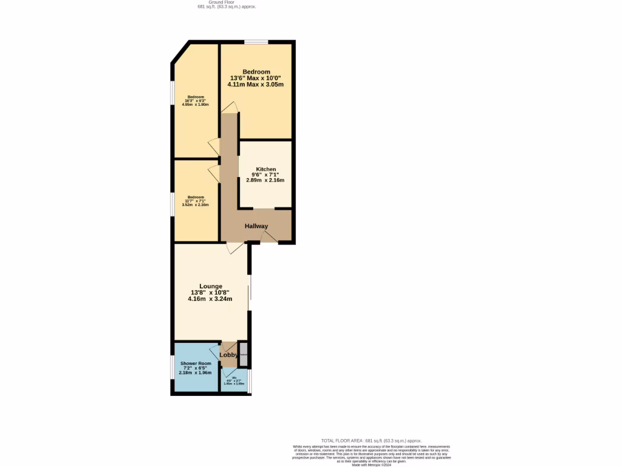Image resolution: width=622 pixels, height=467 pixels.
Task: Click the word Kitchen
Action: click(x=266, y=169)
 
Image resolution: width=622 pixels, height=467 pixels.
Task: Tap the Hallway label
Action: click(x=256, y=226)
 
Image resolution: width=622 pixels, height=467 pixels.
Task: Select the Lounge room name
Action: click(x=211, y=286)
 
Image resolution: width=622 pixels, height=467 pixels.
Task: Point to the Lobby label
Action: click(x=228, y=355)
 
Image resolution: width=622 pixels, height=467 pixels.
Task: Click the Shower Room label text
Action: click(x=196, y=363)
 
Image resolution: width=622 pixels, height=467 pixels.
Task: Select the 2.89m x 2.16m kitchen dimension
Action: click(x=265, y=180)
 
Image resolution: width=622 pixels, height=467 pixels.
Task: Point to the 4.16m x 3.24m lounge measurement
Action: click(x=210, y=299)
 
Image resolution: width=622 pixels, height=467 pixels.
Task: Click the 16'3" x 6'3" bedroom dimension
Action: click(x=196, y=101)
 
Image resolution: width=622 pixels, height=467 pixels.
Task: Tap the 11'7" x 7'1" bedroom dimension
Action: click(x=196, y=201)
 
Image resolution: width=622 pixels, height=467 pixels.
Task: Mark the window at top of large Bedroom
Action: click(x=256, y=42)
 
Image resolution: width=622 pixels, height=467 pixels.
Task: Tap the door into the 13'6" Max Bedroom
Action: click(x=230, y=108)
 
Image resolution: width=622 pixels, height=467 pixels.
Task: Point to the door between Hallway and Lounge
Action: click(x=236, y=247)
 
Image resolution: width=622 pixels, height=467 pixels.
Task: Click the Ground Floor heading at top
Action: click(x=226, y=2)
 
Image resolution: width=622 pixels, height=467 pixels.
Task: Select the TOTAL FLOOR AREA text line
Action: click(x=371, y=440)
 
